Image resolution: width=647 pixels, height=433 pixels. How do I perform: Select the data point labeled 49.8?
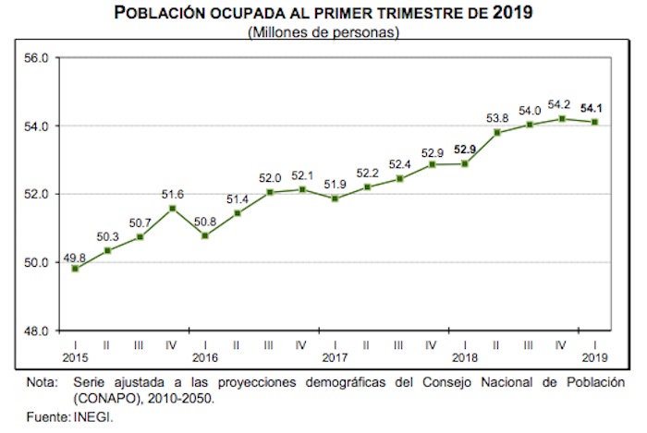[x=74, y=269]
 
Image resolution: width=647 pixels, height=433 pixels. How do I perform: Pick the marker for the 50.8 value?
[x=204, y=235]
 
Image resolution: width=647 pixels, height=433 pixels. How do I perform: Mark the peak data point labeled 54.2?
[x=562, y=118]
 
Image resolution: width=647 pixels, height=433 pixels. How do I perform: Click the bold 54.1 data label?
[x=592, y=108]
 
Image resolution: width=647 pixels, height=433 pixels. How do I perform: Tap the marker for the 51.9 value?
[x=335, y=198]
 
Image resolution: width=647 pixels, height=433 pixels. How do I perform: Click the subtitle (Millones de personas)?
[x=323, y=33]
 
